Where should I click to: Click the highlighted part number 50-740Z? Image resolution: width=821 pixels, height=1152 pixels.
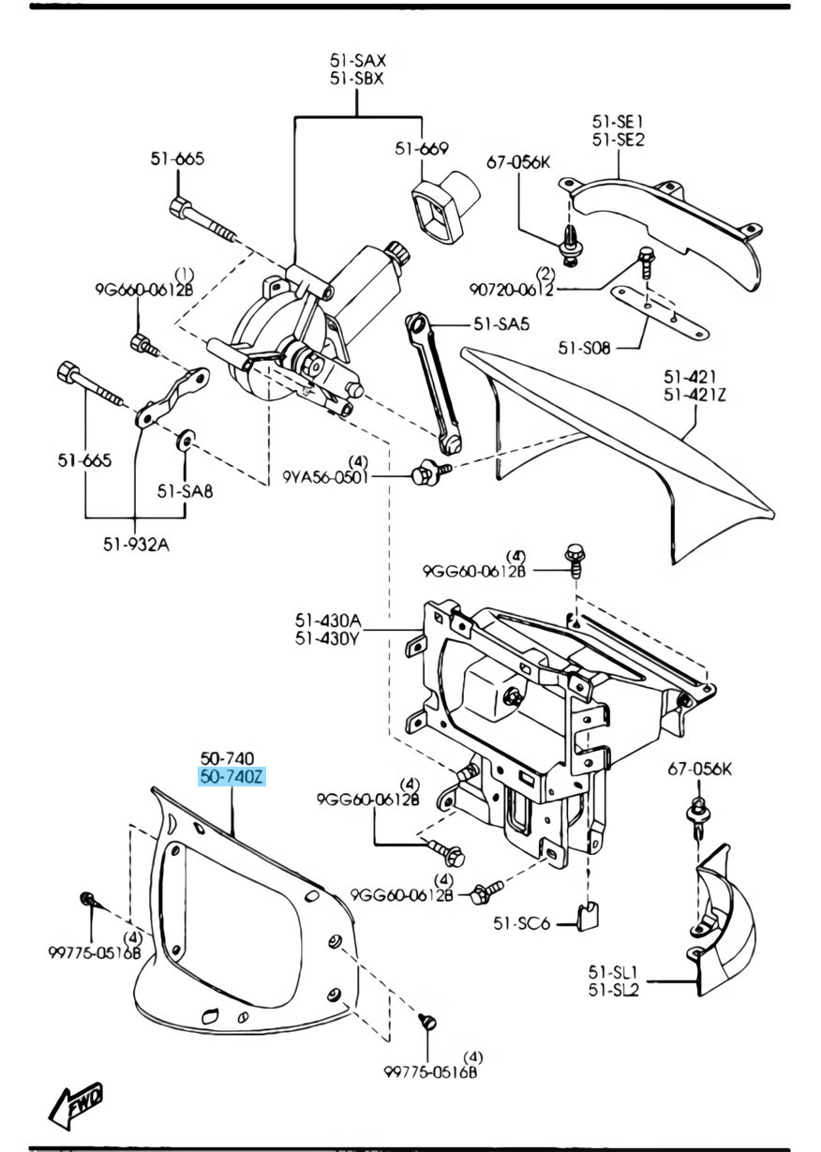coord(231,776)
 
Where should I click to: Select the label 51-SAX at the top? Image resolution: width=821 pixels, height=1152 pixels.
coord(357,61)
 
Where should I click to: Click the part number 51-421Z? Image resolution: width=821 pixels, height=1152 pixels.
coord(694,396)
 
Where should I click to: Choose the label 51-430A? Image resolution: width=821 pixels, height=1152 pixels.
coord(328,620)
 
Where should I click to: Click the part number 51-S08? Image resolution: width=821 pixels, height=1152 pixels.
coord(585,348)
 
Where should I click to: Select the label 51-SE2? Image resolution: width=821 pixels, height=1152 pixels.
coord(618,140)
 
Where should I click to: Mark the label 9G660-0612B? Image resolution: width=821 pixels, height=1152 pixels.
coord(142,290)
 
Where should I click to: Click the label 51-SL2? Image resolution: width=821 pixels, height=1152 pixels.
coord(613,988)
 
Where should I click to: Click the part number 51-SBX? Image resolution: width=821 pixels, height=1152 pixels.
coord(357,79)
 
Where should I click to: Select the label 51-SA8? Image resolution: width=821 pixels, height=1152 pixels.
coord(185,490)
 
